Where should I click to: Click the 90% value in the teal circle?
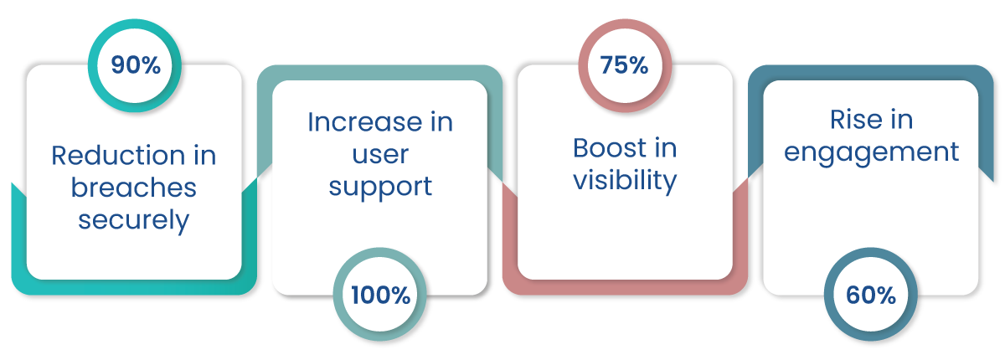coord(136,65)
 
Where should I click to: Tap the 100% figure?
coord(380,296)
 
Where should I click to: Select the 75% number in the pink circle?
coord(624,65)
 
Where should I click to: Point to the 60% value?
coord(871,296)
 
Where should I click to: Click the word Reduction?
coord(118,155)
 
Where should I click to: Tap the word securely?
coord(134,220)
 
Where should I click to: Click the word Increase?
coord(365,122)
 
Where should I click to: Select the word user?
coord(380,155)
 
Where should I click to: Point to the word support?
coord(380,188)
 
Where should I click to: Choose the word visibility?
coord(625,180)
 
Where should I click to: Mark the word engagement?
coord(871,153)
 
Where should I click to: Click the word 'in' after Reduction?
coord(205,155)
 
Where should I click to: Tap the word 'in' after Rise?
coord(902,120)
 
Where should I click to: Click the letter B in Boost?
coord(581,148)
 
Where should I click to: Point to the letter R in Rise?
coord(838,120)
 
